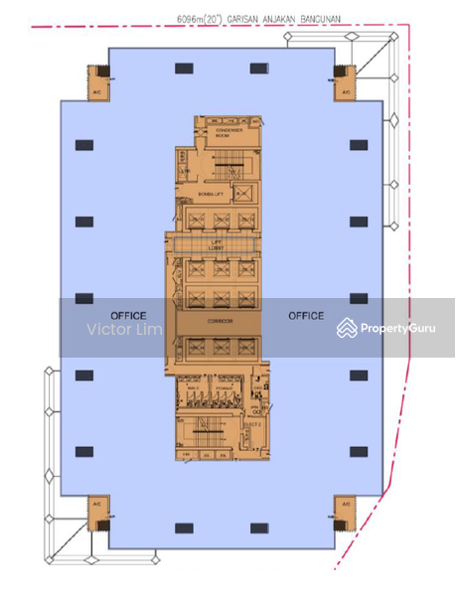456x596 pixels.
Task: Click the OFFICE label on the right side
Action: point(306,316)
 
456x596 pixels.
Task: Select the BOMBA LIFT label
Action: point(210,196)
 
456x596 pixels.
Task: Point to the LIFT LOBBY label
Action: point(216,245)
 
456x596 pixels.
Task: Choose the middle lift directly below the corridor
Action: point(218,348)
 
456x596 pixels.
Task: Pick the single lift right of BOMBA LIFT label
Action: point(243,195)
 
